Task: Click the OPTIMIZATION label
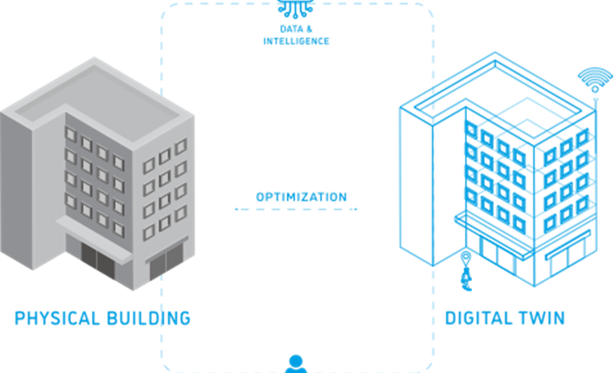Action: pyautogui.click(x=301, y=197)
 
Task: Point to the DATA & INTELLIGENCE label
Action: pyautogui.click(x=297, y=35)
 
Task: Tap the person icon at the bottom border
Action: pyautogui.click(x=296, y=361)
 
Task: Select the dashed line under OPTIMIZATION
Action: pyautogui.click(x=296, y=209)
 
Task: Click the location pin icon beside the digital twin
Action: pyautogui.click(x=465, y=256)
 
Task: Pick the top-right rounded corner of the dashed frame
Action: pyautogui.click(x=424, y=14)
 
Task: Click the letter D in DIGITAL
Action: pyautogui.click(x=452, y=319)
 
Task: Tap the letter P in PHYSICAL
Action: pyautogui.click(x=20, y=319)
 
